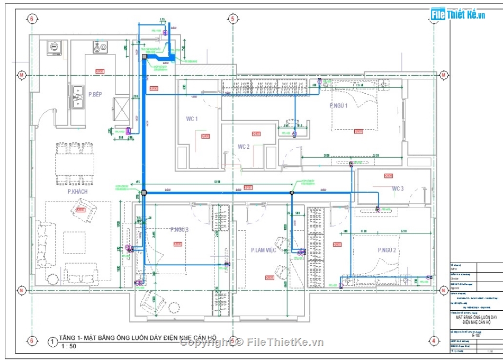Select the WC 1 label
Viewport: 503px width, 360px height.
coord(192,119)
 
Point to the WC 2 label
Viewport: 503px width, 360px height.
coord(244,147)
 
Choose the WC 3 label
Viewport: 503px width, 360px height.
coord(398,189)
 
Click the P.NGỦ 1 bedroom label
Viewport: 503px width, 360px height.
coord(338,106)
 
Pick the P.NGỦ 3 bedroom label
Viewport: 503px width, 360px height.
coord(179,230)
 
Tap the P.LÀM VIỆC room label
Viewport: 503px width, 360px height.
coord(264,249)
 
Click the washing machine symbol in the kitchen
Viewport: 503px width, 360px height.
coord(55,48)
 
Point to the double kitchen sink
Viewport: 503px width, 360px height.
coord(78,97)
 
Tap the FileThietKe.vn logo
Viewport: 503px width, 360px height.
coord(458,15)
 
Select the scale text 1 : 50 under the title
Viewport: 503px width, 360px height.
coord(69,347)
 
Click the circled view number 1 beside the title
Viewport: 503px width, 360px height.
coord(52,342)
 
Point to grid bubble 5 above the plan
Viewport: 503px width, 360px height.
coord(232,19)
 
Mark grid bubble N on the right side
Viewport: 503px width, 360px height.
coord(444,290)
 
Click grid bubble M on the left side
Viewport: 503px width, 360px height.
coord(22,75)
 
